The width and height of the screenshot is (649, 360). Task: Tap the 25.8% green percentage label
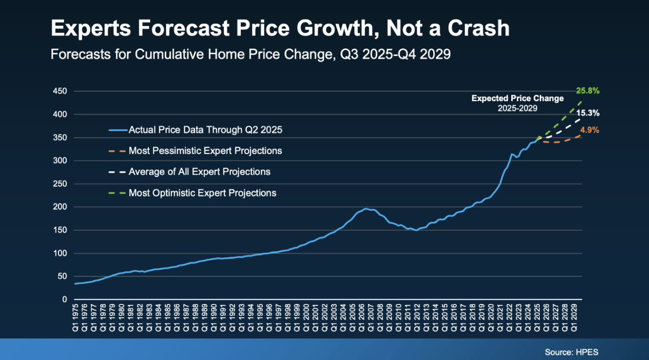587,91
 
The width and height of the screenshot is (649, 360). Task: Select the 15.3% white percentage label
587,114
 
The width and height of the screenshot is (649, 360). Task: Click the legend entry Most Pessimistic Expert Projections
205,151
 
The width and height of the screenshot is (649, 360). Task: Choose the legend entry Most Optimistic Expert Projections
202,193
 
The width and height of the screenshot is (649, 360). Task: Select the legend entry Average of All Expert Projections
200,172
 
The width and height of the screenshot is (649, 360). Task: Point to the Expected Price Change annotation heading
517,99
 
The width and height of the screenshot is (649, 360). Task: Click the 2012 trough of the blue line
417,230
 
